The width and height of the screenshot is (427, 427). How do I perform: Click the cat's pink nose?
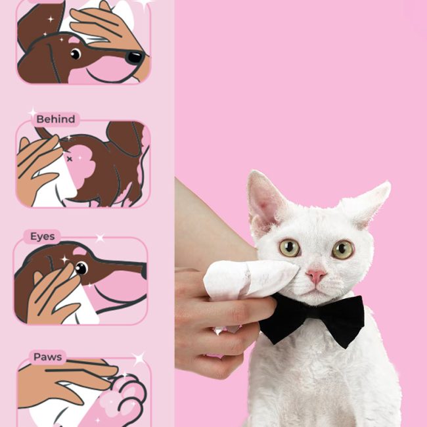point(316,276)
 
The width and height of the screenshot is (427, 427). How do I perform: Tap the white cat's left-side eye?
point(290,248)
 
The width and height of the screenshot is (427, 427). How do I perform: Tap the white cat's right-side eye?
point(342,249)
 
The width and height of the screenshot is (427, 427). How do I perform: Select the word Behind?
point(56,120)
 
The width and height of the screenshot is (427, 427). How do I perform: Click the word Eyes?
point(43,236)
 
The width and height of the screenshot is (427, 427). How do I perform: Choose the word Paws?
point(48,357)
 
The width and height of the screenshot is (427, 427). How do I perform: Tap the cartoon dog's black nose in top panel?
point(135,57)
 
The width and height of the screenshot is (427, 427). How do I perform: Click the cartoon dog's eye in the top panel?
point(76,54)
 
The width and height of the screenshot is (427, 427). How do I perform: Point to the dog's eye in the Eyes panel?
point(81,268)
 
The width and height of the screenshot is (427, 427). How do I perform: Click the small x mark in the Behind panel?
point(70,159)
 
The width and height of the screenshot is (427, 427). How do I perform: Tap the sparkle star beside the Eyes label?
point(100,238)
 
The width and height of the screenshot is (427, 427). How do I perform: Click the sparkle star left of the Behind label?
point(33,112)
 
